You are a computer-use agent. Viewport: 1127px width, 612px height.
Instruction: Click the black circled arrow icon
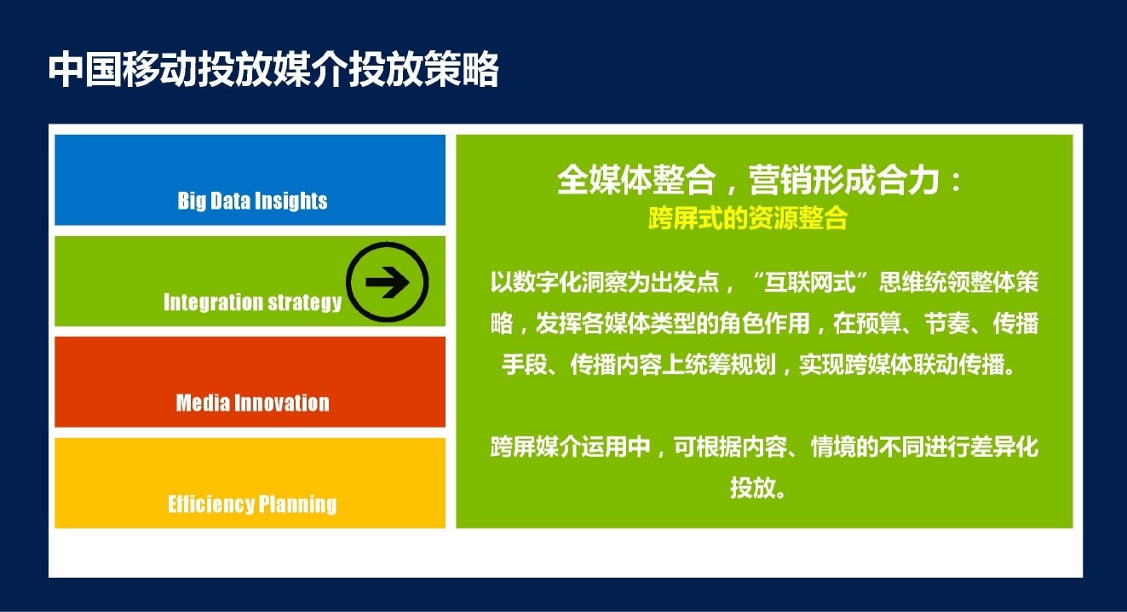387,282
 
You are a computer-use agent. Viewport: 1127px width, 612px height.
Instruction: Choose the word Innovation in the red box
282,403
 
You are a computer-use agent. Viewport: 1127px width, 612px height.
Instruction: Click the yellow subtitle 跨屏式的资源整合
748,218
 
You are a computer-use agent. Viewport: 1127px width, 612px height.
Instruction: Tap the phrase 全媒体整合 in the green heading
636,180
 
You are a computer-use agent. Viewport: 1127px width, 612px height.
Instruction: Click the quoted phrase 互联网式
809,282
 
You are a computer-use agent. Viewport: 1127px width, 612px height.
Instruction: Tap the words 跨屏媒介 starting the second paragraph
536,447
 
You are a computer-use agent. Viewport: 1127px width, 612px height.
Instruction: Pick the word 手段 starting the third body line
524,364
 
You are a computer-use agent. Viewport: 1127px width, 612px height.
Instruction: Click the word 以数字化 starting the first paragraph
536,282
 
